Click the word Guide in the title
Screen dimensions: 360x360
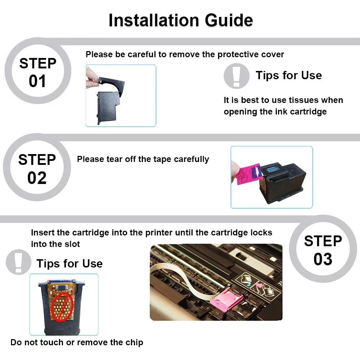(x=229, y=20)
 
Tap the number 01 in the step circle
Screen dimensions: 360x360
(x=37, y=81)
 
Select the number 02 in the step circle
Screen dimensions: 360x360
(x=37, y=178)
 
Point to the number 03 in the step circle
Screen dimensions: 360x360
(x=323, y=259)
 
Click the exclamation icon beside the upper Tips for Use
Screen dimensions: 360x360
(x=237, y=76)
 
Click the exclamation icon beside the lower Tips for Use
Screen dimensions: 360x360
(x=18, y=262)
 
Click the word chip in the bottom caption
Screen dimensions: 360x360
(x=134, y=343)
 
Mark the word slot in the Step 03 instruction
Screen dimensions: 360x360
(x=72, y=244)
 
